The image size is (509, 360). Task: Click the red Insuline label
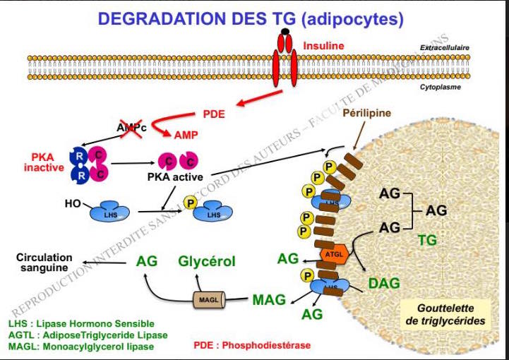[x=323, y=47]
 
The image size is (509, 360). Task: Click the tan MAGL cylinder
[x=209, y=300]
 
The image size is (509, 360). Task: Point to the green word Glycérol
[x=206, y=261]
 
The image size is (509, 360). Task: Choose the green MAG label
[x=269, y=300]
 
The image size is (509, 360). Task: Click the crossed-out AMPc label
[x=131, y=127]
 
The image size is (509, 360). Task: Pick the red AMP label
[x=186, y=134]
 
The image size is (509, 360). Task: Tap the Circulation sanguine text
[x=43, y=263]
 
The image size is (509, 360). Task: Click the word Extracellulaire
[x=445, y=48]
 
